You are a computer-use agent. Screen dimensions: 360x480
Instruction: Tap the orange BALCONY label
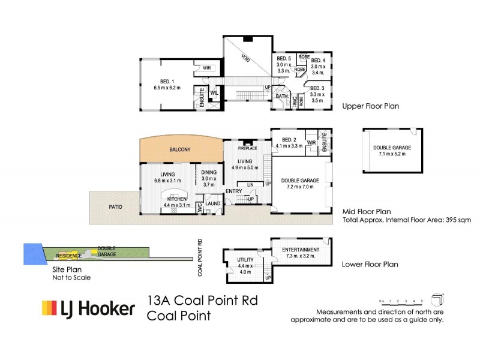[180, 149]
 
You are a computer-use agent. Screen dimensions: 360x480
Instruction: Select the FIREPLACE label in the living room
[247, 147]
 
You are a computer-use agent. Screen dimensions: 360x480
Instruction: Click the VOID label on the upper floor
[245, 59]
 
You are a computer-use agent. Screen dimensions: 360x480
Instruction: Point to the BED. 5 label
[283, 59]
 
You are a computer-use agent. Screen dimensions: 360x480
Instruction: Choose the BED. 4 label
[317, 61]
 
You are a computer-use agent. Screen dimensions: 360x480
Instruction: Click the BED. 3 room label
[317, 88]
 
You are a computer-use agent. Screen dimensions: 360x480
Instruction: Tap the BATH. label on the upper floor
[281, 96]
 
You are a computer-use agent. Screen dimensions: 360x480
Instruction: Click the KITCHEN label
[175, 199]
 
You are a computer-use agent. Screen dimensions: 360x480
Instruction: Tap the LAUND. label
[213, 204]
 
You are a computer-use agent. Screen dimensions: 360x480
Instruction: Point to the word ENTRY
[234, 191]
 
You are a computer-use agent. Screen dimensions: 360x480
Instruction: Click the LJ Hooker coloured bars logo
[49, 308]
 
